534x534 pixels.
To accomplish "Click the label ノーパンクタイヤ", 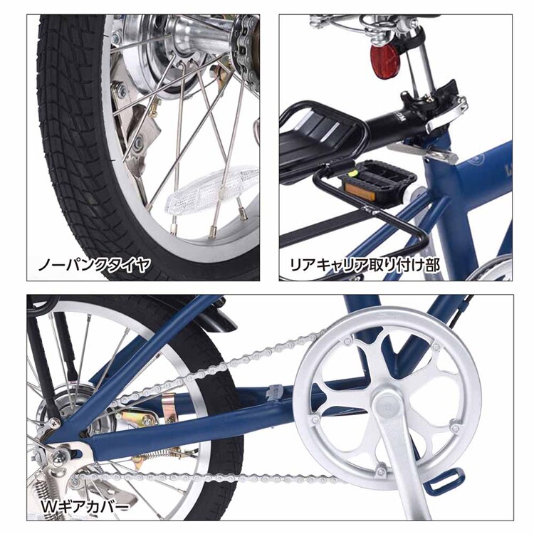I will pos(94,266).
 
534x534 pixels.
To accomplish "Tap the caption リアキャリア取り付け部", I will pos(364,266).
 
